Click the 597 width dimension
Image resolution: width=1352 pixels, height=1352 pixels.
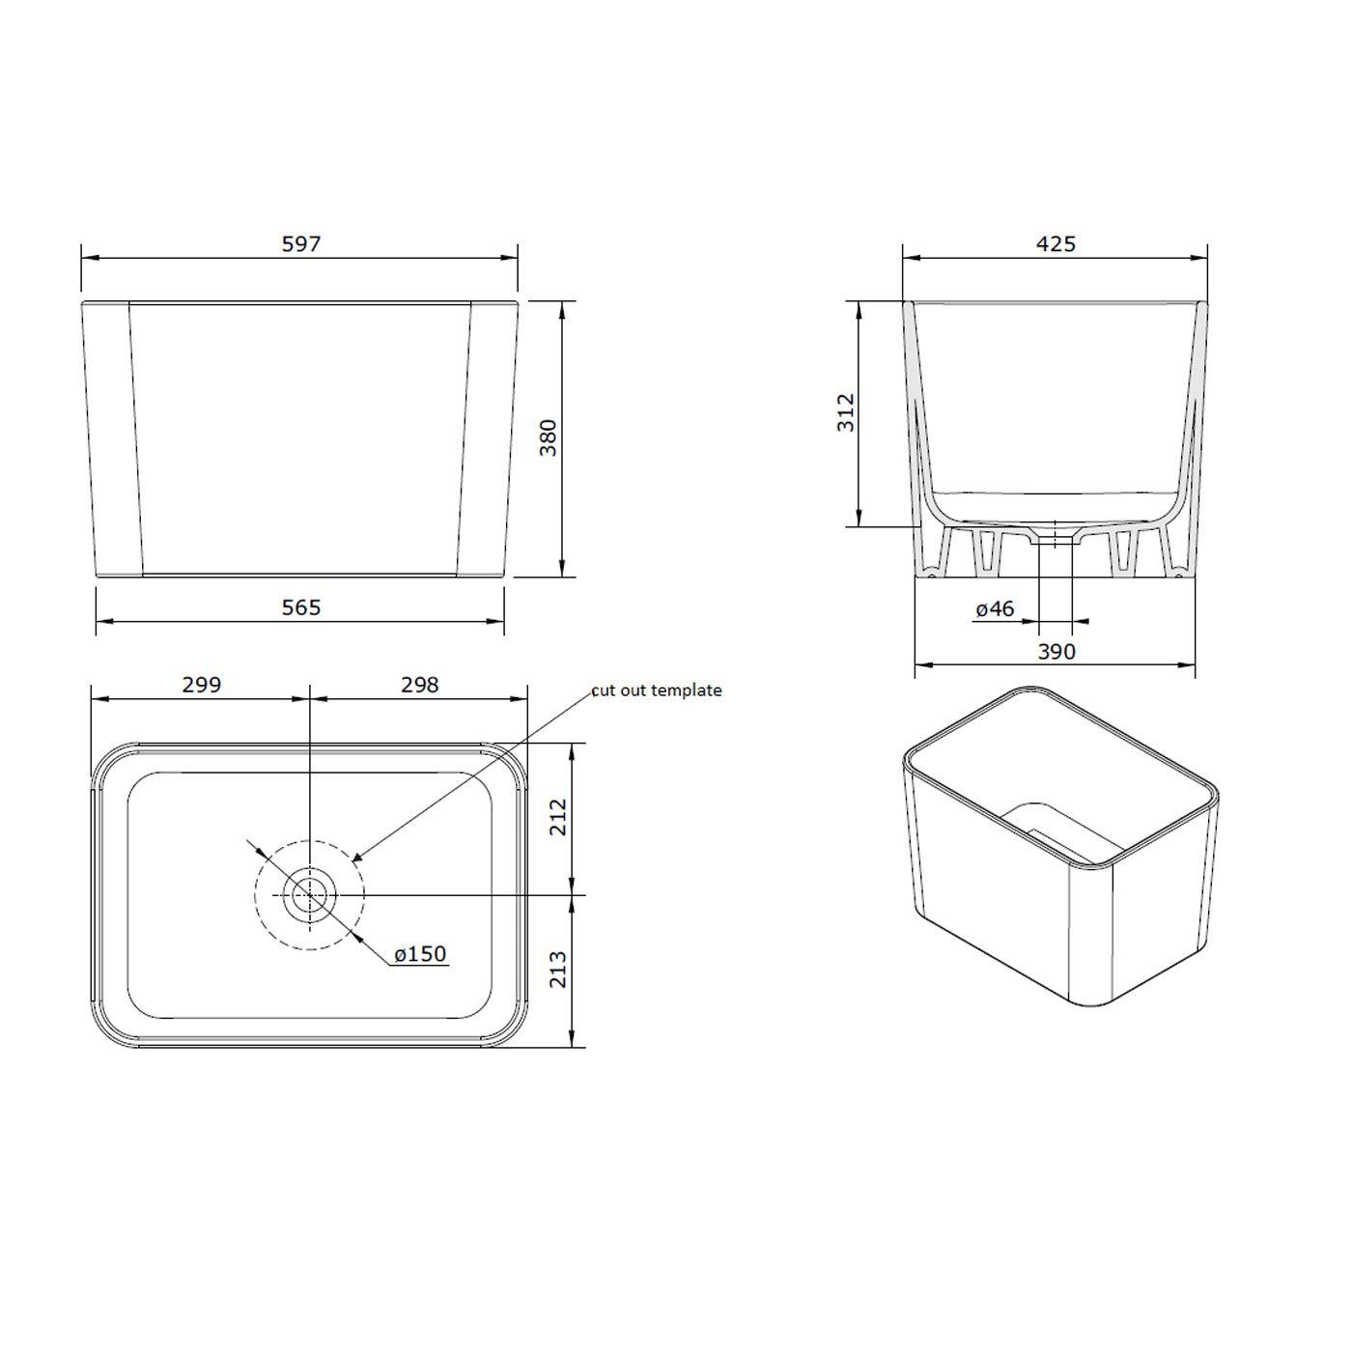click(x=300, y=244)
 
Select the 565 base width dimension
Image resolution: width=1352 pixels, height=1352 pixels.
click(x=300, y=607)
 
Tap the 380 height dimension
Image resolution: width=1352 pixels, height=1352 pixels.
click(x=548, y=437)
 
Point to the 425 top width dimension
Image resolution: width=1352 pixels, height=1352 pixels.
click(x=1056, y=244)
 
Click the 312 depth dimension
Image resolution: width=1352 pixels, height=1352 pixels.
click(x=845, y=412)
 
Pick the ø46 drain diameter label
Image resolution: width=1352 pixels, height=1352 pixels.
click(x=995, y=609)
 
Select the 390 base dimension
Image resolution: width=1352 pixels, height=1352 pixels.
click(x=1056, y=652)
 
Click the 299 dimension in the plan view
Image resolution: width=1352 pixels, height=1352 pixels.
click(x=201, y=685)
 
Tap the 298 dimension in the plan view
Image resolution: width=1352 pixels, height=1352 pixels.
click(x=419, y=685)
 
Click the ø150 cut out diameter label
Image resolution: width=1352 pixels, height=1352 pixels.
click(x=420, y=954)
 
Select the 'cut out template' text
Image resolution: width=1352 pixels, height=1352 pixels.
click(x=657, y=690)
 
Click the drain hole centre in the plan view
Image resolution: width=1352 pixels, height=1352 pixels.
click(x=309, y=895)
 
